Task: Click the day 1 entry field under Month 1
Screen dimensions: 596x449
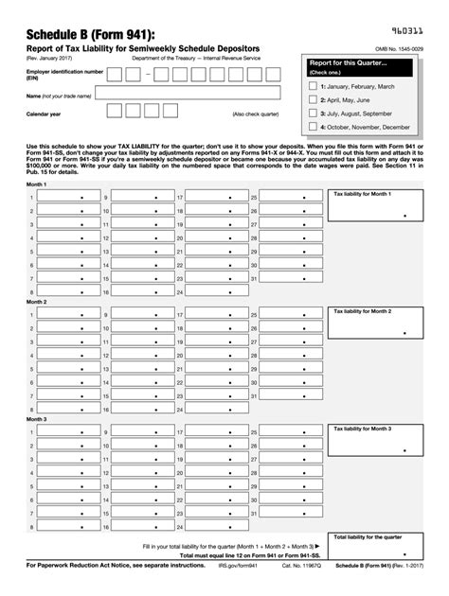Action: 66,197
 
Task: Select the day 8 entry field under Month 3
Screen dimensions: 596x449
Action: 66,527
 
